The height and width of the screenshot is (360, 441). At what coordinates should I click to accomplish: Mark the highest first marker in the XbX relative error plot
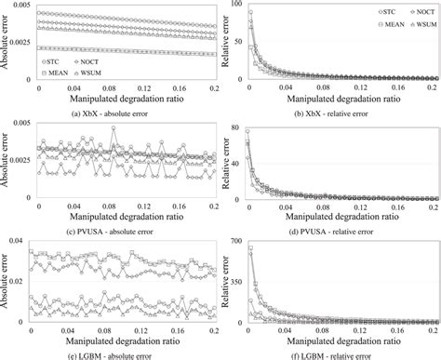tap(248, 12)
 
